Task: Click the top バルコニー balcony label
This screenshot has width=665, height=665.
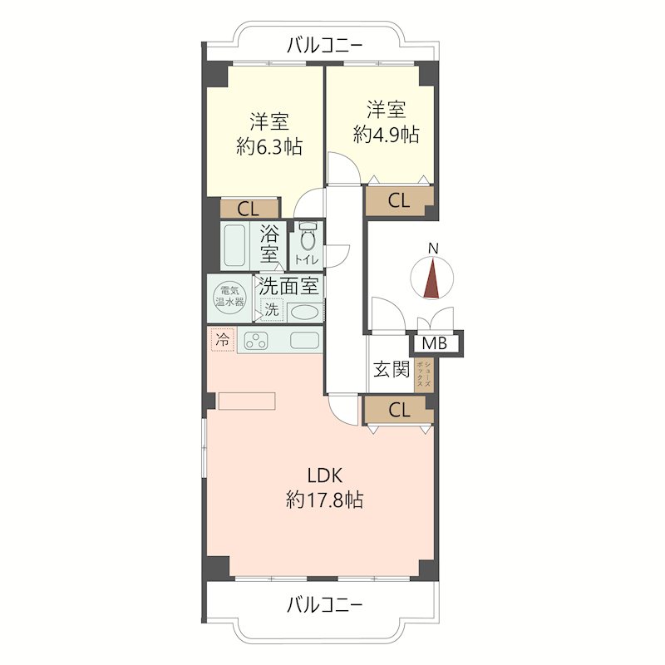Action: coord(324,46)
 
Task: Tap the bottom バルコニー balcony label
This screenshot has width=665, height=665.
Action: coord(324,605)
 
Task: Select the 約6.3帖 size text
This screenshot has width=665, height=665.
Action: coord(269,147)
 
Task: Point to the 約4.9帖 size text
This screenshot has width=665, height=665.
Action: coord(386,135)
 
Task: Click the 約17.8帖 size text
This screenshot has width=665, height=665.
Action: coord(324,500)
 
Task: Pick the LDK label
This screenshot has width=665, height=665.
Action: coord(324,475)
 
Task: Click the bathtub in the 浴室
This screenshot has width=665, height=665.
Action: coord(234,245)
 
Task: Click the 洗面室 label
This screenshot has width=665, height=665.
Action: coord(288,286)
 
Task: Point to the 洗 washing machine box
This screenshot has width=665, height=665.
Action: coord(272,309)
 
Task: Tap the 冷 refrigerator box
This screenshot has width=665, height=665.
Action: coord(222,340)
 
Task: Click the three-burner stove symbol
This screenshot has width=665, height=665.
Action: coord(256,340)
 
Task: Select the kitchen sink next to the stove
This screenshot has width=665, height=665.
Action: coord(304,340)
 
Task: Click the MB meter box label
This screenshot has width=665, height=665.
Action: coord(435,343)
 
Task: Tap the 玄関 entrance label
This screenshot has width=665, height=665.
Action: coord(391,369)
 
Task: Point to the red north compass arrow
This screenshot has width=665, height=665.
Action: coord(431,278)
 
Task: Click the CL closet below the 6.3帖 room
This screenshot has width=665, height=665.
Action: coord(249,209)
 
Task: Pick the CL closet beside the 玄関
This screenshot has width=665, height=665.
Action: coord(399,410)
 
